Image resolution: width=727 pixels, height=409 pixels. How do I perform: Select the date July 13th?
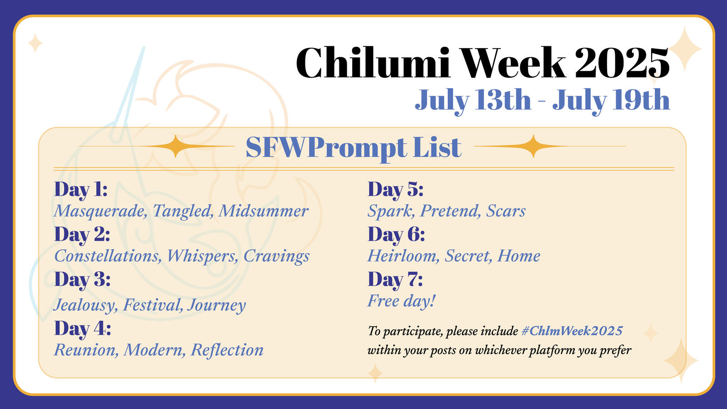pos(473,100)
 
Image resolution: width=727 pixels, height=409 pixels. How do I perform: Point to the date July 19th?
pos(611,100)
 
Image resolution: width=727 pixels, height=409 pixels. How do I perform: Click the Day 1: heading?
pos(81,190)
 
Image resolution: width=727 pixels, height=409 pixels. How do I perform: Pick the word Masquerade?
pos(100,211)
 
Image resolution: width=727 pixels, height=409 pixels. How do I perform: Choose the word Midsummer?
pos(264,211)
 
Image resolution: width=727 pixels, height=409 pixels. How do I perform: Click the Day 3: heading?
pos(82,279)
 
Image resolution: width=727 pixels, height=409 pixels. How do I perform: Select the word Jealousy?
pos(85,305)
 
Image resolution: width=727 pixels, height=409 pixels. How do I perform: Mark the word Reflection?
pos(227,350)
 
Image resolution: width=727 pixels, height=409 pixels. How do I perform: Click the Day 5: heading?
pos(395,190)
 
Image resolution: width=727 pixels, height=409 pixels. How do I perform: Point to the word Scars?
pos(506,211)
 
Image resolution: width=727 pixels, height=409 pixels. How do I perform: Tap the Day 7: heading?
pos(395,279)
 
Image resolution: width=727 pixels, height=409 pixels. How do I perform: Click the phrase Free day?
pos(401,301)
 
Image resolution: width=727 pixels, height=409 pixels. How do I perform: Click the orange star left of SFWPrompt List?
pos(175,146)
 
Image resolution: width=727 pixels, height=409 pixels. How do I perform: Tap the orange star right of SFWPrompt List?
pos(533,146)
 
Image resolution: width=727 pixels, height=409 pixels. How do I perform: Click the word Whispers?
pos(202,256)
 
